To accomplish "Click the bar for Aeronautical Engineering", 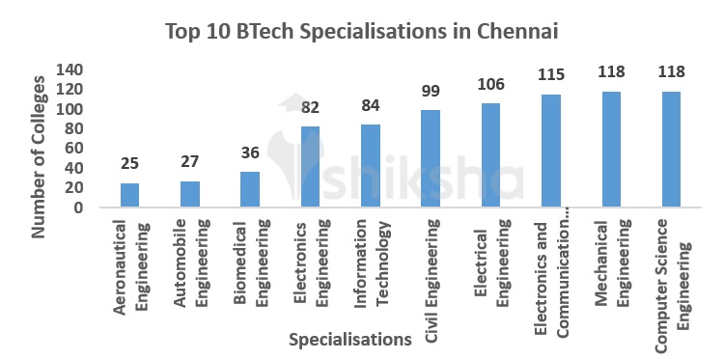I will click(x=129, y=195).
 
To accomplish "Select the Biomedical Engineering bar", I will click(x=250, y=189).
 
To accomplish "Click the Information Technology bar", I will click(x=371, y=166).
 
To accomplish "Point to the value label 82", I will click(x=310, y=107).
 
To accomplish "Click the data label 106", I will click(x=491, y=84).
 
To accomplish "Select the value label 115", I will click(x=551, y=74).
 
